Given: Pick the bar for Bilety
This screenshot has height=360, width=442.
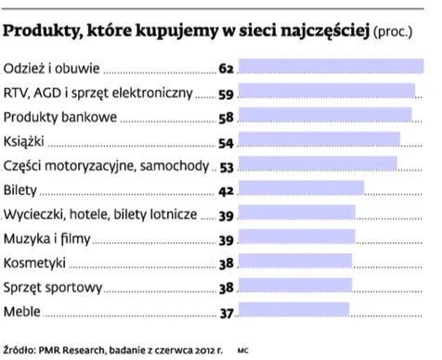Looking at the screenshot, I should point(301,190).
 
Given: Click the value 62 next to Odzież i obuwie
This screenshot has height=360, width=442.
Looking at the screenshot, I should point(226,70).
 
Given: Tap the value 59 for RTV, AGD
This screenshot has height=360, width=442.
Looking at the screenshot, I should point(226,94).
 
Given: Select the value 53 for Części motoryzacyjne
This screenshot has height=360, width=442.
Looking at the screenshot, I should point(226,166).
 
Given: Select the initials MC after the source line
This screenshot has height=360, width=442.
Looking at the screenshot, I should point(243,351).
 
